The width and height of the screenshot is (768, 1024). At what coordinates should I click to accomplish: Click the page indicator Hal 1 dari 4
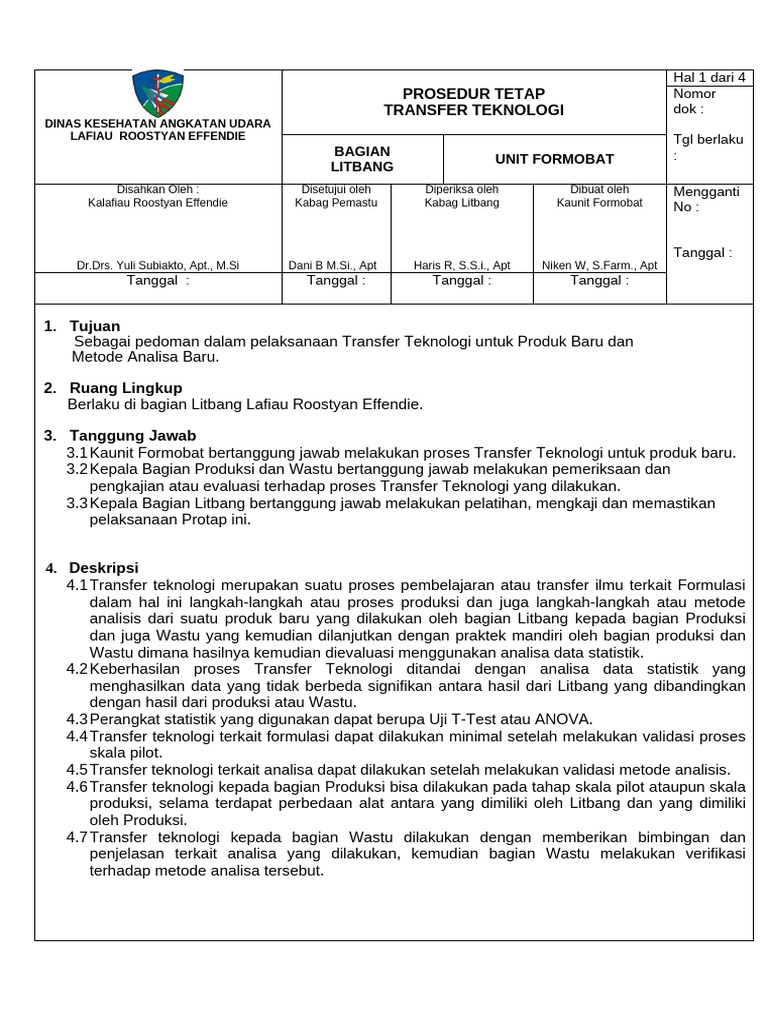(x=704, y=78)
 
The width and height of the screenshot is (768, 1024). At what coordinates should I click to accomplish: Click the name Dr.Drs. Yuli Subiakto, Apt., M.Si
(x=158, y=265)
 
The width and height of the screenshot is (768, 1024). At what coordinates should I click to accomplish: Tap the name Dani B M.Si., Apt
(x=332, y=265)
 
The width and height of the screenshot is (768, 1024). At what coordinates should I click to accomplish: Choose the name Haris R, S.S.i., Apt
(x=462, y=265)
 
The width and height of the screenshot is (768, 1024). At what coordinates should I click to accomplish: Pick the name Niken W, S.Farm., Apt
(x=599, y=265)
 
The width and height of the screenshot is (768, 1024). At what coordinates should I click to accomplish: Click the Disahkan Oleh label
(x=158, y=189)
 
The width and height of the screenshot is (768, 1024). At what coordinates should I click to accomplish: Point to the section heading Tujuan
(x=94, y=326)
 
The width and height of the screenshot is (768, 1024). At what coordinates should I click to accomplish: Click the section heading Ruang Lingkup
(x=125, y=387)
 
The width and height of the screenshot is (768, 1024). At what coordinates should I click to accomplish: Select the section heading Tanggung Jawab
(x=132, y=435)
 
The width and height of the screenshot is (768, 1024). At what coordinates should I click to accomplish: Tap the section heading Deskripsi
(x=103, y=567)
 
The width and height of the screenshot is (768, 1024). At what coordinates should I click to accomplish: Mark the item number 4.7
(x=77, y=837)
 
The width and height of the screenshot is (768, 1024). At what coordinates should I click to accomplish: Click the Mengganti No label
(x=706, y=199)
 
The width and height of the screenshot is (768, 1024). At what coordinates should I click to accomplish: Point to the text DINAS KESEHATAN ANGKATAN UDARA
(x=158, y=123)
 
